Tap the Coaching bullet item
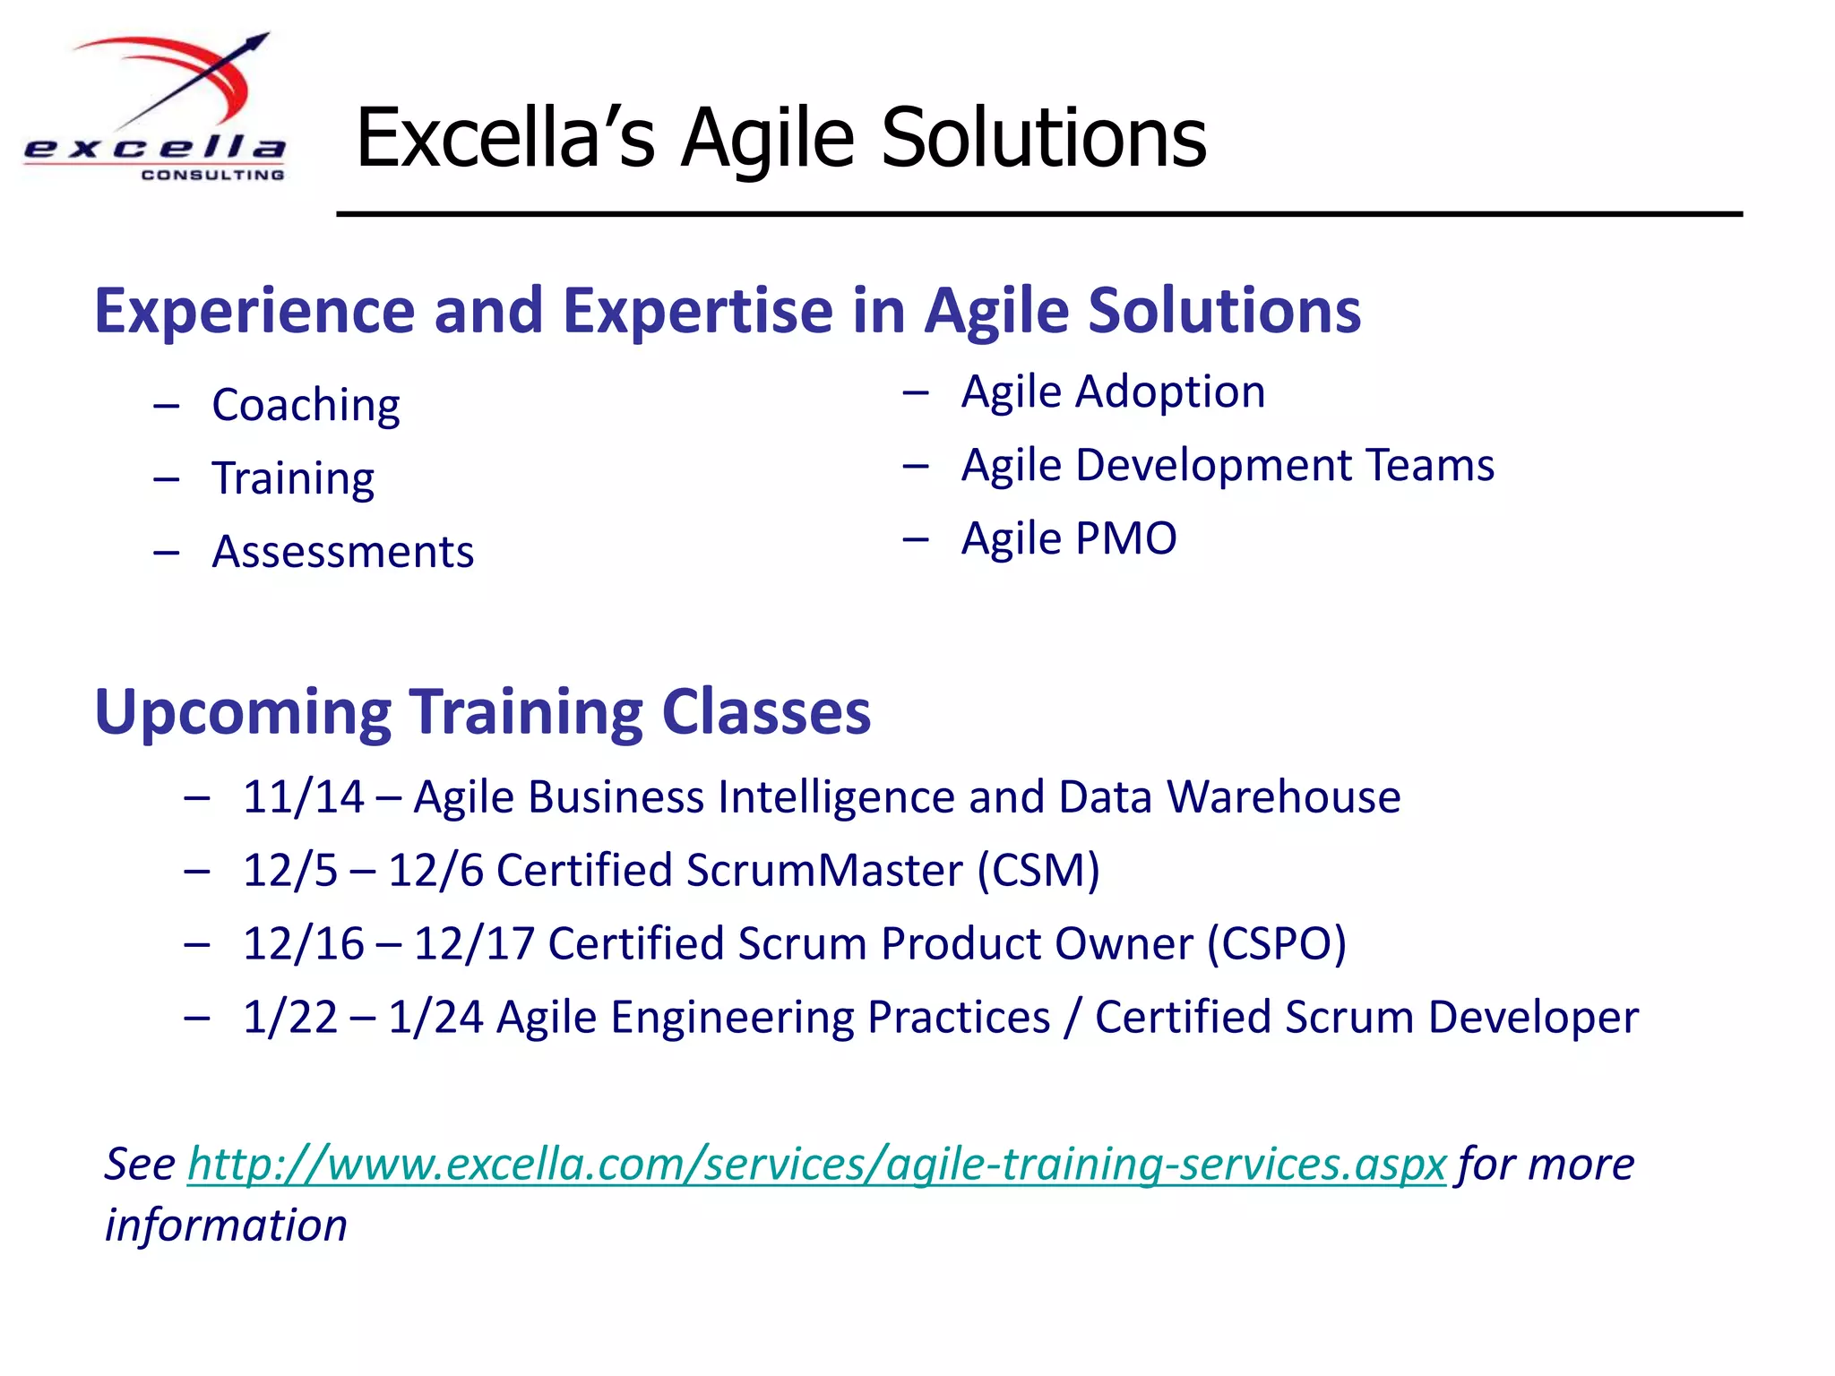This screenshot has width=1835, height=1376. coord(306,406)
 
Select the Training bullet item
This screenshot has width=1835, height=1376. coord(293,479)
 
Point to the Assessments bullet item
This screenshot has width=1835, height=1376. coord(342,553)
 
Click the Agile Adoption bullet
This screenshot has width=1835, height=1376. coord(1113,392)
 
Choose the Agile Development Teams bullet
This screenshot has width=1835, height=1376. coord(1228,466)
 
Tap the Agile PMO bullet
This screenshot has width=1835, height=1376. coord(1069,539)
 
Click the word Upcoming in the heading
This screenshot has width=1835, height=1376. coord(242,713)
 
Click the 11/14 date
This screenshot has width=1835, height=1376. coord(303,797)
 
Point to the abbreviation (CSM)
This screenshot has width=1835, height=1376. coord(1038,871)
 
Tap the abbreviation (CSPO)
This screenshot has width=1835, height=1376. coord(1276,944)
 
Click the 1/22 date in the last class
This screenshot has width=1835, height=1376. coord(289,1018)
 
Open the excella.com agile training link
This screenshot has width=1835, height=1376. coord(816,1165)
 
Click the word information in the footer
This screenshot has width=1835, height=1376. coord(226,1225)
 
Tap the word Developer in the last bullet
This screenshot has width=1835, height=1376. coord(1533,1018)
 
